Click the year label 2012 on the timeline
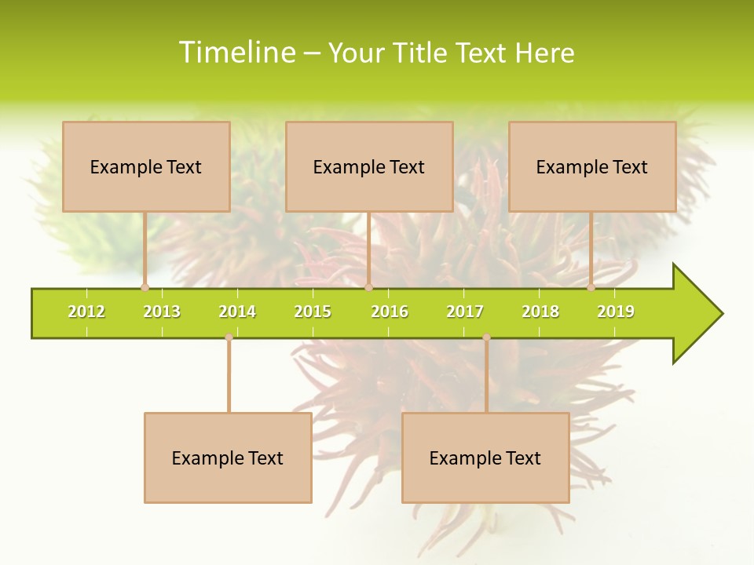click(86, 312)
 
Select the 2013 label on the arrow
click(162, 312)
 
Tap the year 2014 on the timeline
click(237, 312)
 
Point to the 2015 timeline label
click(313, 312)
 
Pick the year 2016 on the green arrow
click(390, 312)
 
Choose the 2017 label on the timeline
click(465, 312)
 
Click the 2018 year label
click(540, 312)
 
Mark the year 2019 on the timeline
click(616, 312)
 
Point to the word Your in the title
click(357, 53)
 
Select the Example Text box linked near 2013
click(146, 166)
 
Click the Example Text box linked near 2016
click(369, 166)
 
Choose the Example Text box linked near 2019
click(592, 166)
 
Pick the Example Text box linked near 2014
click(228, 457)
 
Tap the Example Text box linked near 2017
click(485, 457)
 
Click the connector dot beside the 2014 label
click(229, 337)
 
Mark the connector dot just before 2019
click(591, 288)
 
